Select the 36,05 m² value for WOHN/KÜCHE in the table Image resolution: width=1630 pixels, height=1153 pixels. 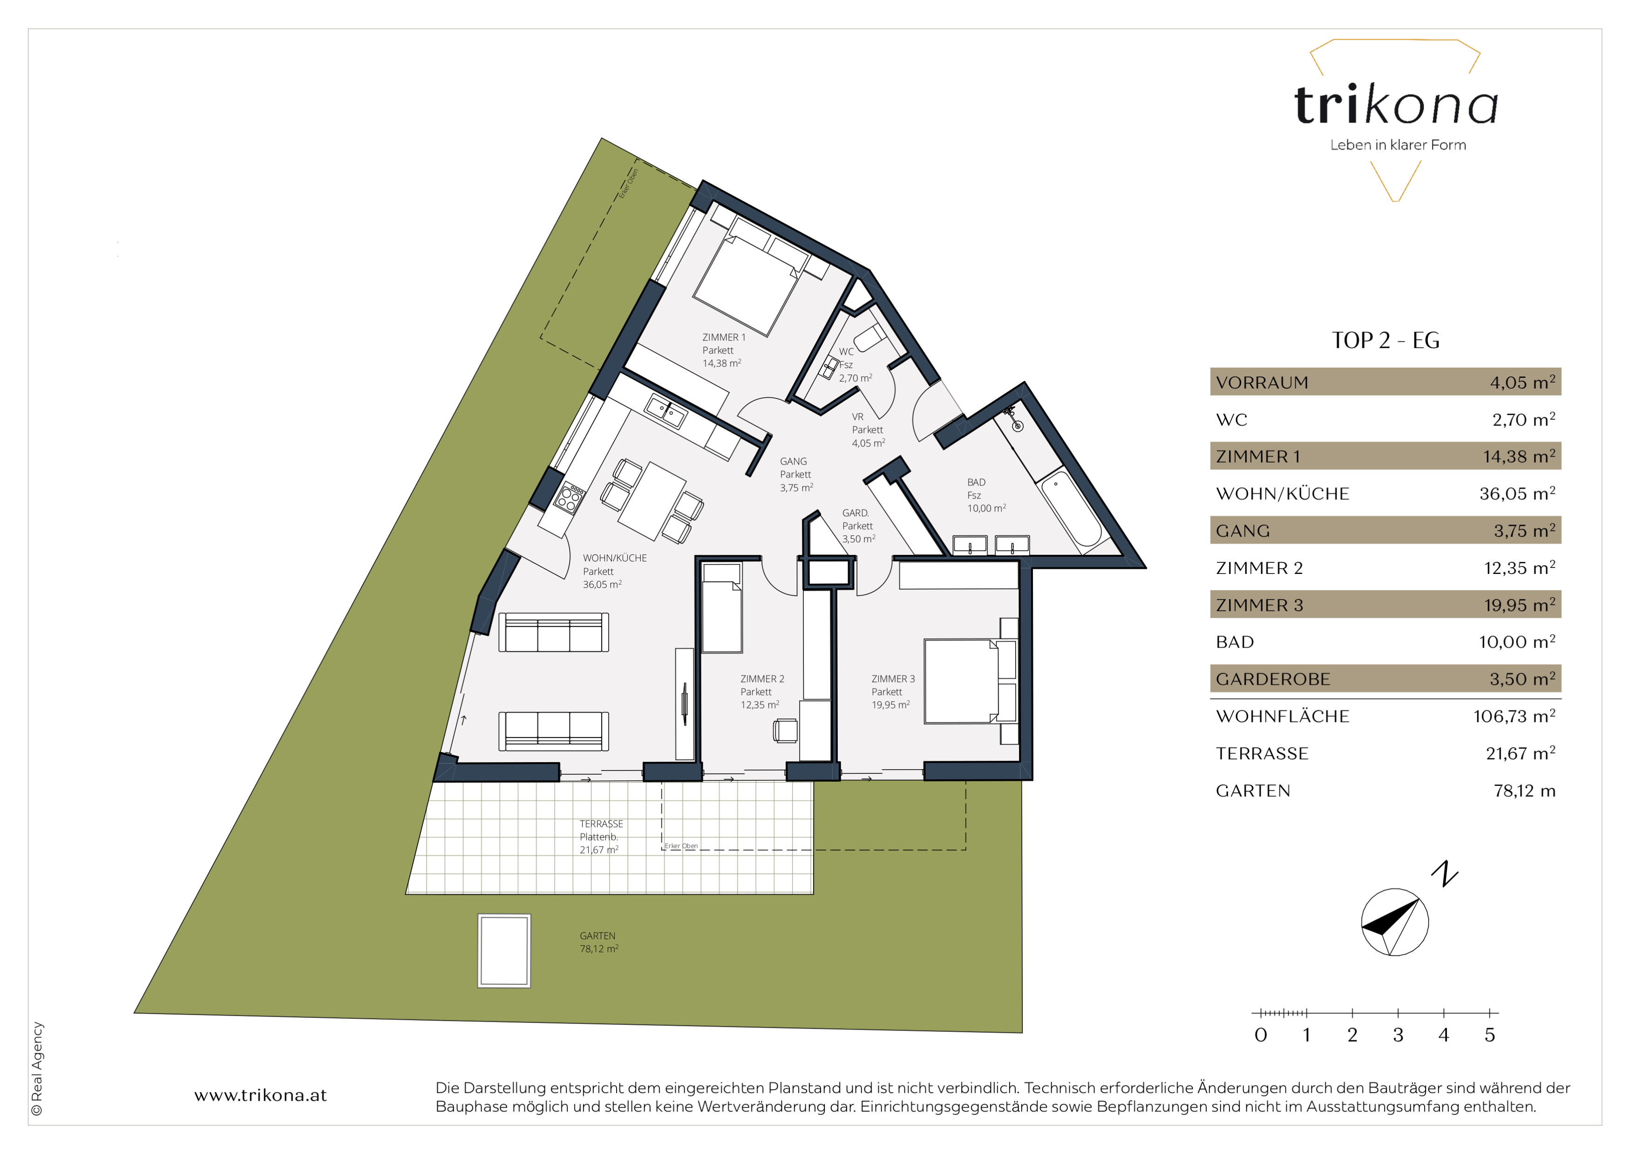(1517, 493)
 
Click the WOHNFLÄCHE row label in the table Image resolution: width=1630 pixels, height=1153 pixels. (1282, 716)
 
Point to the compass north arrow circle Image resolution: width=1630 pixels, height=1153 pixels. (1394, 921)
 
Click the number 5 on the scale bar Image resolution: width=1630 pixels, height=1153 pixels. (1489, 1035)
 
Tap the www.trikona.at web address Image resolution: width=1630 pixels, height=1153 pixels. (260, 1096)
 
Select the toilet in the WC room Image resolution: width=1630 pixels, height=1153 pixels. (869, 338)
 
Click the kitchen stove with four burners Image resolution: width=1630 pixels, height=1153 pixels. (570, 497)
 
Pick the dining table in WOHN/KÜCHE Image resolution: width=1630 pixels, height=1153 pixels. (652, 501)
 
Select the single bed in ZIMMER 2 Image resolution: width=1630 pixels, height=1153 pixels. (722, 608)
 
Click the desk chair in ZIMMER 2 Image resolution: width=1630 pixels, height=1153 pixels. (785, 730)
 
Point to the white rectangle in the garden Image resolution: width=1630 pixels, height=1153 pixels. (504, 951)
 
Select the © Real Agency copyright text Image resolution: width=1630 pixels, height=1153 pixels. (37, 1069)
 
